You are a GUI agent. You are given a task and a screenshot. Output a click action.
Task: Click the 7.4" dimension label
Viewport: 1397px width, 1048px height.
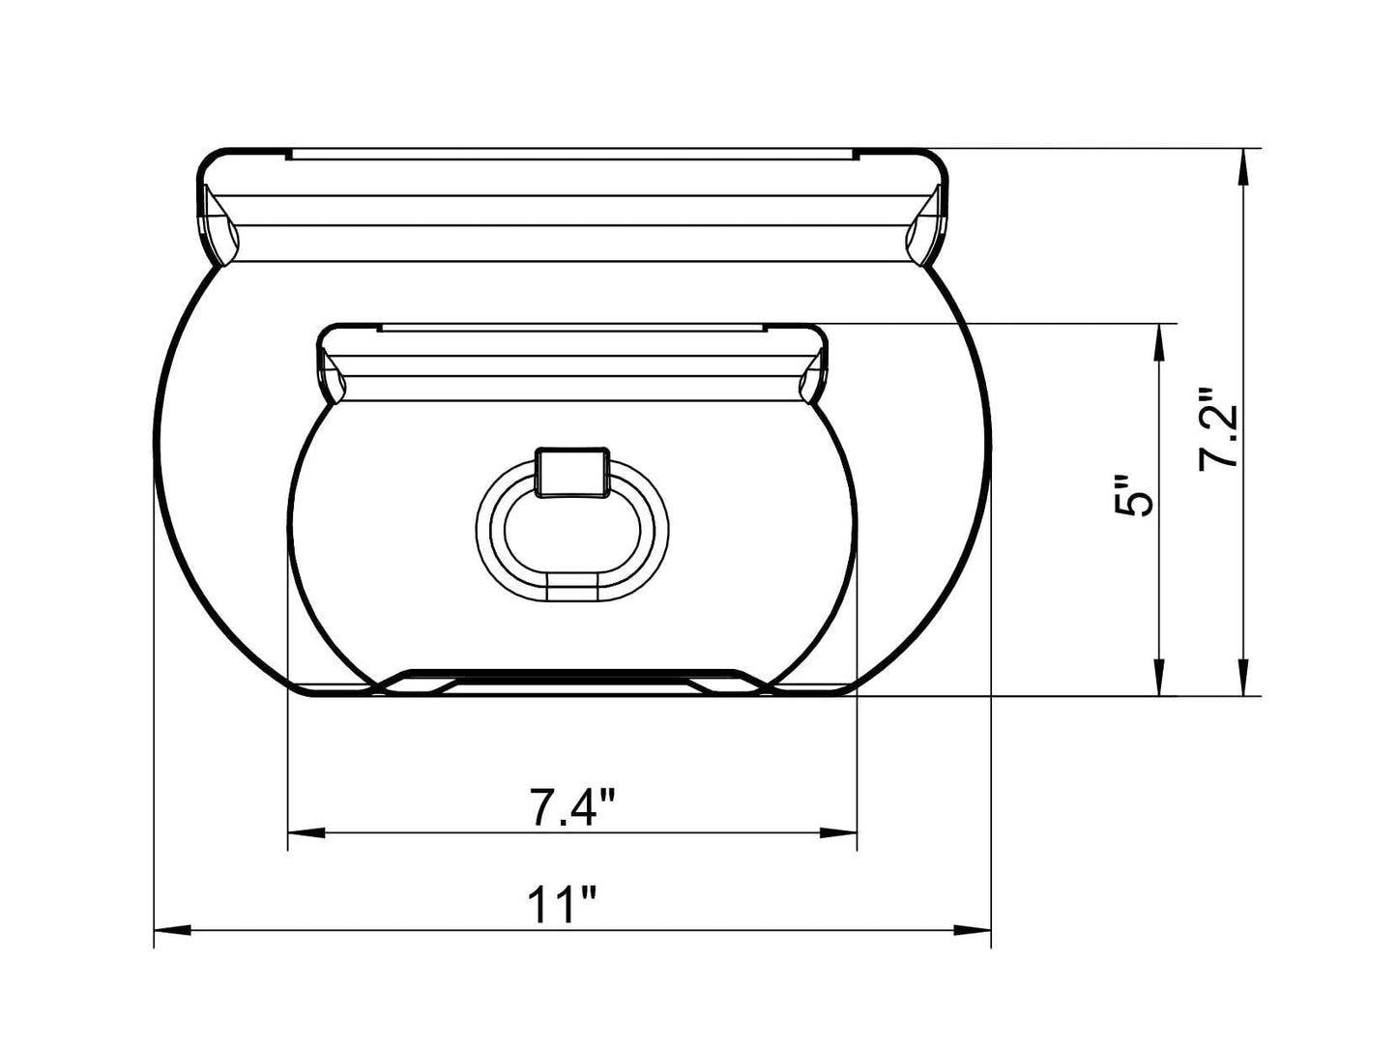click(572, 808)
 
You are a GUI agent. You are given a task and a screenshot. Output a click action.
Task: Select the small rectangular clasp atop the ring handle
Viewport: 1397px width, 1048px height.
click(572, 472)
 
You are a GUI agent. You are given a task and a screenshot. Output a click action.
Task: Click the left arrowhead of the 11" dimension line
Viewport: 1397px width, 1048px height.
click(174, 930)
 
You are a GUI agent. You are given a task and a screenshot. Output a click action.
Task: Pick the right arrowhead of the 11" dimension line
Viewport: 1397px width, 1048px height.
click(972, 930)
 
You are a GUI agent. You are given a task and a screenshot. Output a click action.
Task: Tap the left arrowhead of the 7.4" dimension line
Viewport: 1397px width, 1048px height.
click(307, 831)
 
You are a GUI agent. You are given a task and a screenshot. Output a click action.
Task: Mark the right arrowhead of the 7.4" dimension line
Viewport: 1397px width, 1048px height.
click(838, 831)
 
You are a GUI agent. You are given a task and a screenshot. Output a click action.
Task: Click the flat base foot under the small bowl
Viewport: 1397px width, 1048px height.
click(572, 681)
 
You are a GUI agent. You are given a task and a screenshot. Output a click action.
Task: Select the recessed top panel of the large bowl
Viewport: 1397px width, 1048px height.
click(572, 154)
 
